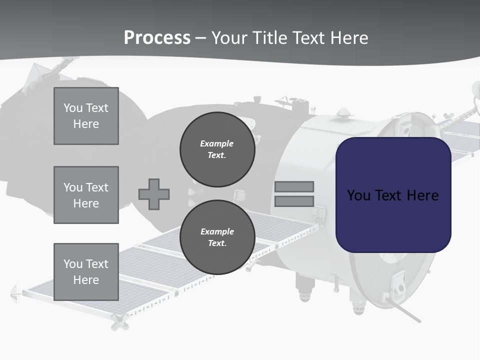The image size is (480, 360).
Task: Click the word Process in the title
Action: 157,38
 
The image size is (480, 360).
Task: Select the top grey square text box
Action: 86,116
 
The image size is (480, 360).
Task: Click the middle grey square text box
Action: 86,195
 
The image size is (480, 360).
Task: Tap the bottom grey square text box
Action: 86,272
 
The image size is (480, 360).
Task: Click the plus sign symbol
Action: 154,194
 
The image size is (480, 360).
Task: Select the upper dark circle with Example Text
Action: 217,149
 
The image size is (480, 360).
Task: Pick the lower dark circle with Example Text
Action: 217,237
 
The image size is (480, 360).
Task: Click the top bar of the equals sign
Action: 294,186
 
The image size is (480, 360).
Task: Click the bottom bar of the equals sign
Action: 294,201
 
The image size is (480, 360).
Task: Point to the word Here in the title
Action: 348,38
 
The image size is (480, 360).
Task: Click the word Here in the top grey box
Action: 86,124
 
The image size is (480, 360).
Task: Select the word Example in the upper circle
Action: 217,143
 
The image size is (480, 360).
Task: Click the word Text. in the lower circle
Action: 217,243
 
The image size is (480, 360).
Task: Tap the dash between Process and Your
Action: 200,38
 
